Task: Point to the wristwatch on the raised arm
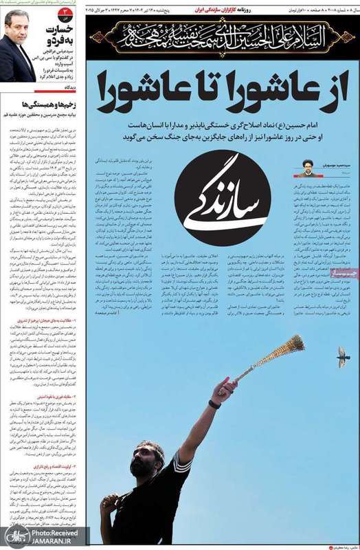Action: pyautogui.click(x=215, y=404)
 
